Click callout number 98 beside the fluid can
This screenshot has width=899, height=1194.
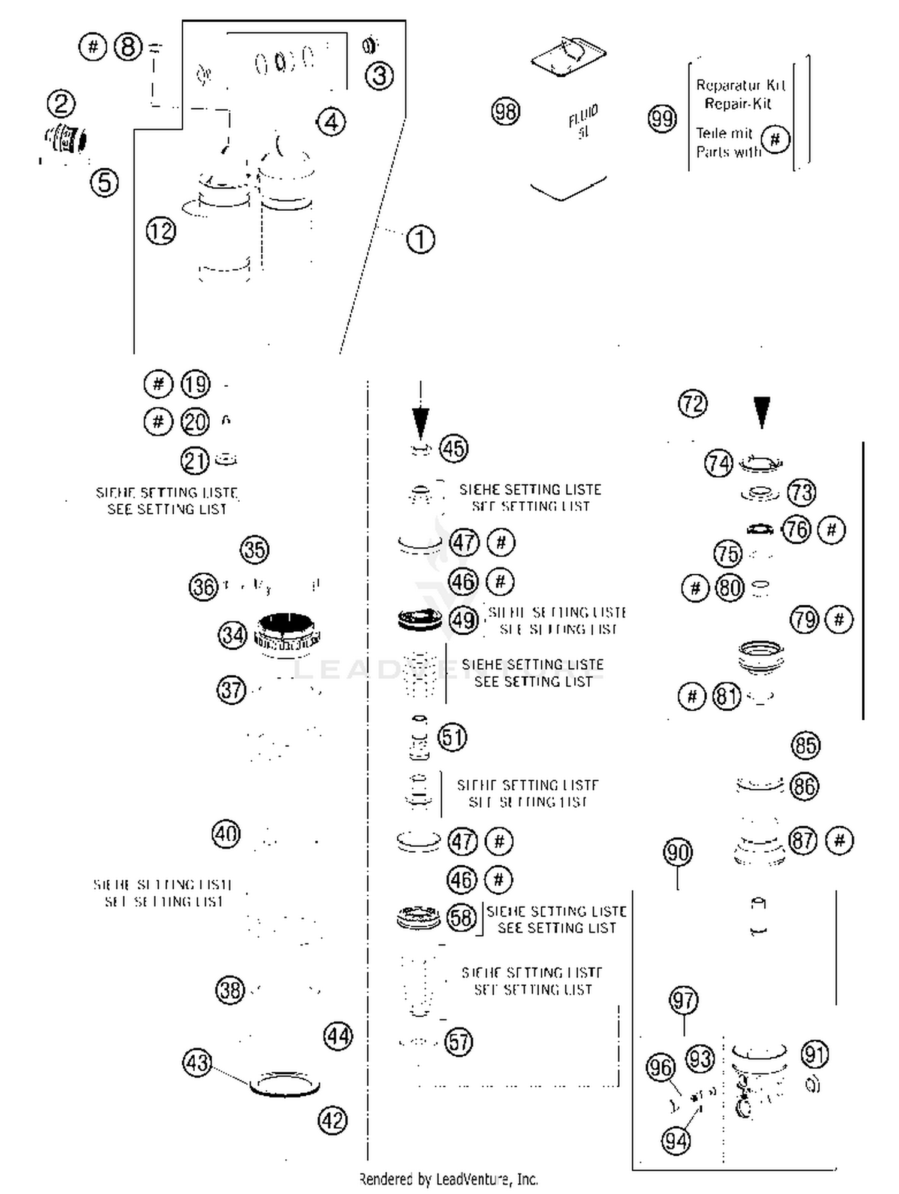[505, 111]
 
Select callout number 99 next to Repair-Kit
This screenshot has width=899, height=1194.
[662, 119]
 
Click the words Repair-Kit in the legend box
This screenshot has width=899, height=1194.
[738, 104]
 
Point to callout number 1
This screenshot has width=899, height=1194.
[420, 240]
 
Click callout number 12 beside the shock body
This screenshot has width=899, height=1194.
[161, 231]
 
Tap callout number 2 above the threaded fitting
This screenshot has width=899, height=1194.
[61, 104]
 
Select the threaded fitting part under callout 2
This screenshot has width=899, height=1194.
[67, 140]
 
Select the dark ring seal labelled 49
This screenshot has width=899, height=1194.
[420, 619]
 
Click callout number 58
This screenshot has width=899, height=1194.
[461, 917]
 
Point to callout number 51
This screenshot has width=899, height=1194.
[452, 737]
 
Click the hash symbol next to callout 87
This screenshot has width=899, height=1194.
[839, 841]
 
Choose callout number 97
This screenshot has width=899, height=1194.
[683, 1000]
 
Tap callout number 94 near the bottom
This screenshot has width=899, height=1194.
[675, 1141]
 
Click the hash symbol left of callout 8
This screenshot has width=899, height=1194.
[92, 47]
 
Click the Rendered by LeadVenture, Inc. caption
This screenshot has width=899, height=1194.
[448, 1179]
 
